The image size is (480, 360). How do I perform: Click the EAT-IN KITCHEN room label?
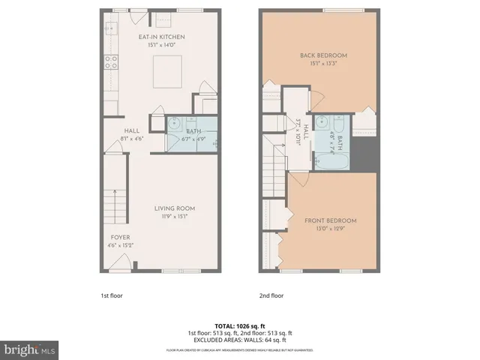(162, 37)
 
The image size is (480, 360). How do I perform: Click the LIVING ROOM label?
(175, 208)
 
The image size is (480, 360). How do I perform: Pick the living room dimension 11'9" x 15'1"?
(175, 216)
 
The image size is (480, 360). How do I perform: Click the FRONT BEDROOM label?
(330, 220)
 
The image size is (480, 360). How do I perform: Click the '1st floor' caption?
(112, 295)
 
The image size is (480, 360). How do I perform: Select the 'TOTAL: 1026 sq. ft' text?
(239, 325)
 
